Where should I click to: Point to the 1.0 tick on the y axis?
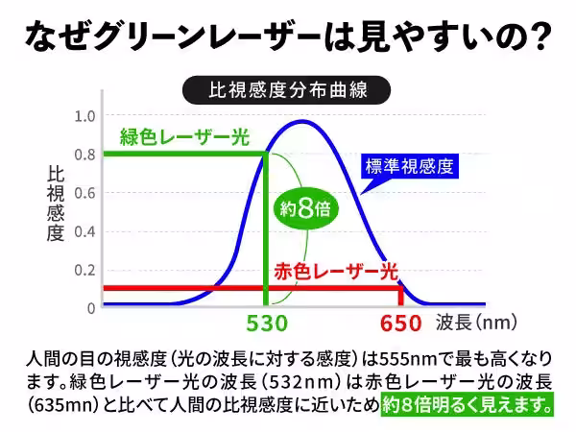tap(85, 116)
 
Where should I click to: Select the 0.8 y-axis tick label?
tap(85, 155)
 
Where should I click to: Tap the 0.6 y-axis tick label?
tap(85, 193)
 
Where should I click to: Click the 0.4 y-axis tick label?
tap(85, 231)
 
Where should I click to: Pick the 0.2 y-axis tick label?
tap(85, 270)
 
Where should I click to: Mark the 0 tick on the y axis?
tap(91, 308)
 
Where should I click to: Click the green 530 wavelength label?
tap(267, 324)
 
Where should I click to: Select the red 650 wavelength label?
tap(400, 324)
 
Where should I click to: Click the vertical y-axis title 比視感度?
tap(55, 202)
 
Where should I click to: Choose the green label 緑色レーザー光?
tap(183, 137)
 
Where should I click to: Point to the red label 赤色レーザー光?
tap(335, 270)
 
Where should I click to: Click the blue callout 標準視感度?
tap(408, 165)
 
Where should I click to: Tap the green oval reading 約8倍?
tap(305, 209)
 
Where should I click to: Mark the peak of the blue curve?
tap(304, 121)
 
